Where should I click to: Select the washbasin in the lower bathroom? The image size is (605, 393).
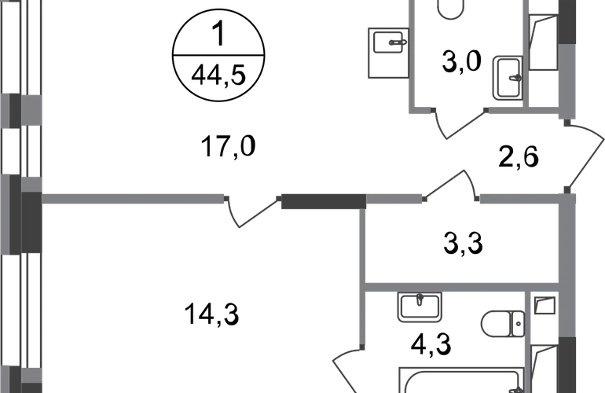click(x=420, y=307)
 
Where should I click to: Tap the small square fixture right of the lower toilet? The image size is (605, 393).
click(x=544, y=306)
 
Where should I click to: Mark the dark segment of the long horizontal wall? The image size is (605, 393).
click(x=322, y=201)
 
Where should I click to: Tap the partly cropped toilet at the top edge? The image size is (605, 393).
click(x=451, y=10)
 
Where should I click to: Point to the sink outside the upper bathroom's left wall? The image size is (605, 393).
click(x=387, y=52)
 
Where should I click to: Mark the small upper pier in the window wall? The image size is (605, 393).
click(x=21, y=110)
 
